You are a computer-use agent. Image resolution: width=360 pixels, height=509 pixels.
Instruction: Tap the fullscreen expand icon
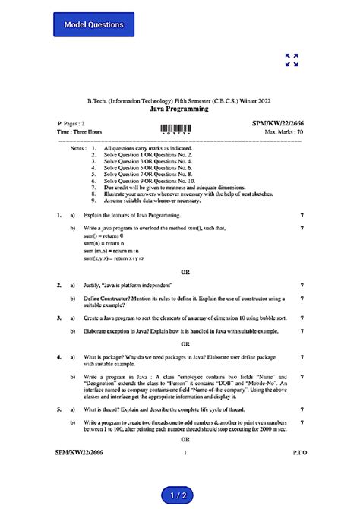pos(291,60)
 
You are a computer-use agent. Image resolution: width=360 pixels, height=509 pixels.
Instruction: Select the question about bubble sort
pos(185,318)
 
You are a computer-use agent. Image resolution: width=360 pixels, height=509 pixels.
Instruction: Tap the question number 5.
pos(58,409)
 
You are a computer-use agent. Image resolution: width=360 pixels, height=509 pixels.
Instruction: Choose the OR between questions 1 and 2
pos(185,272)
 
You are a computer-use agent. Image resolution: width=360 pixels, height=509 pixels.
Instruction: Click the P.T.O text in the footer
pos(298,453)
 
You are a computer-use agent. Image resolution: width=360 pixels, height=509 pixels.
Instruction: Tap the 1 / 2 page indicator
pos(180,495)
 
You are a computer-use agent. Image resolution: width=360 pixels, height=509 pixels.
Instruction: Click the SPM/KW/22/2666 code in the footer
pos(77,453)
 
